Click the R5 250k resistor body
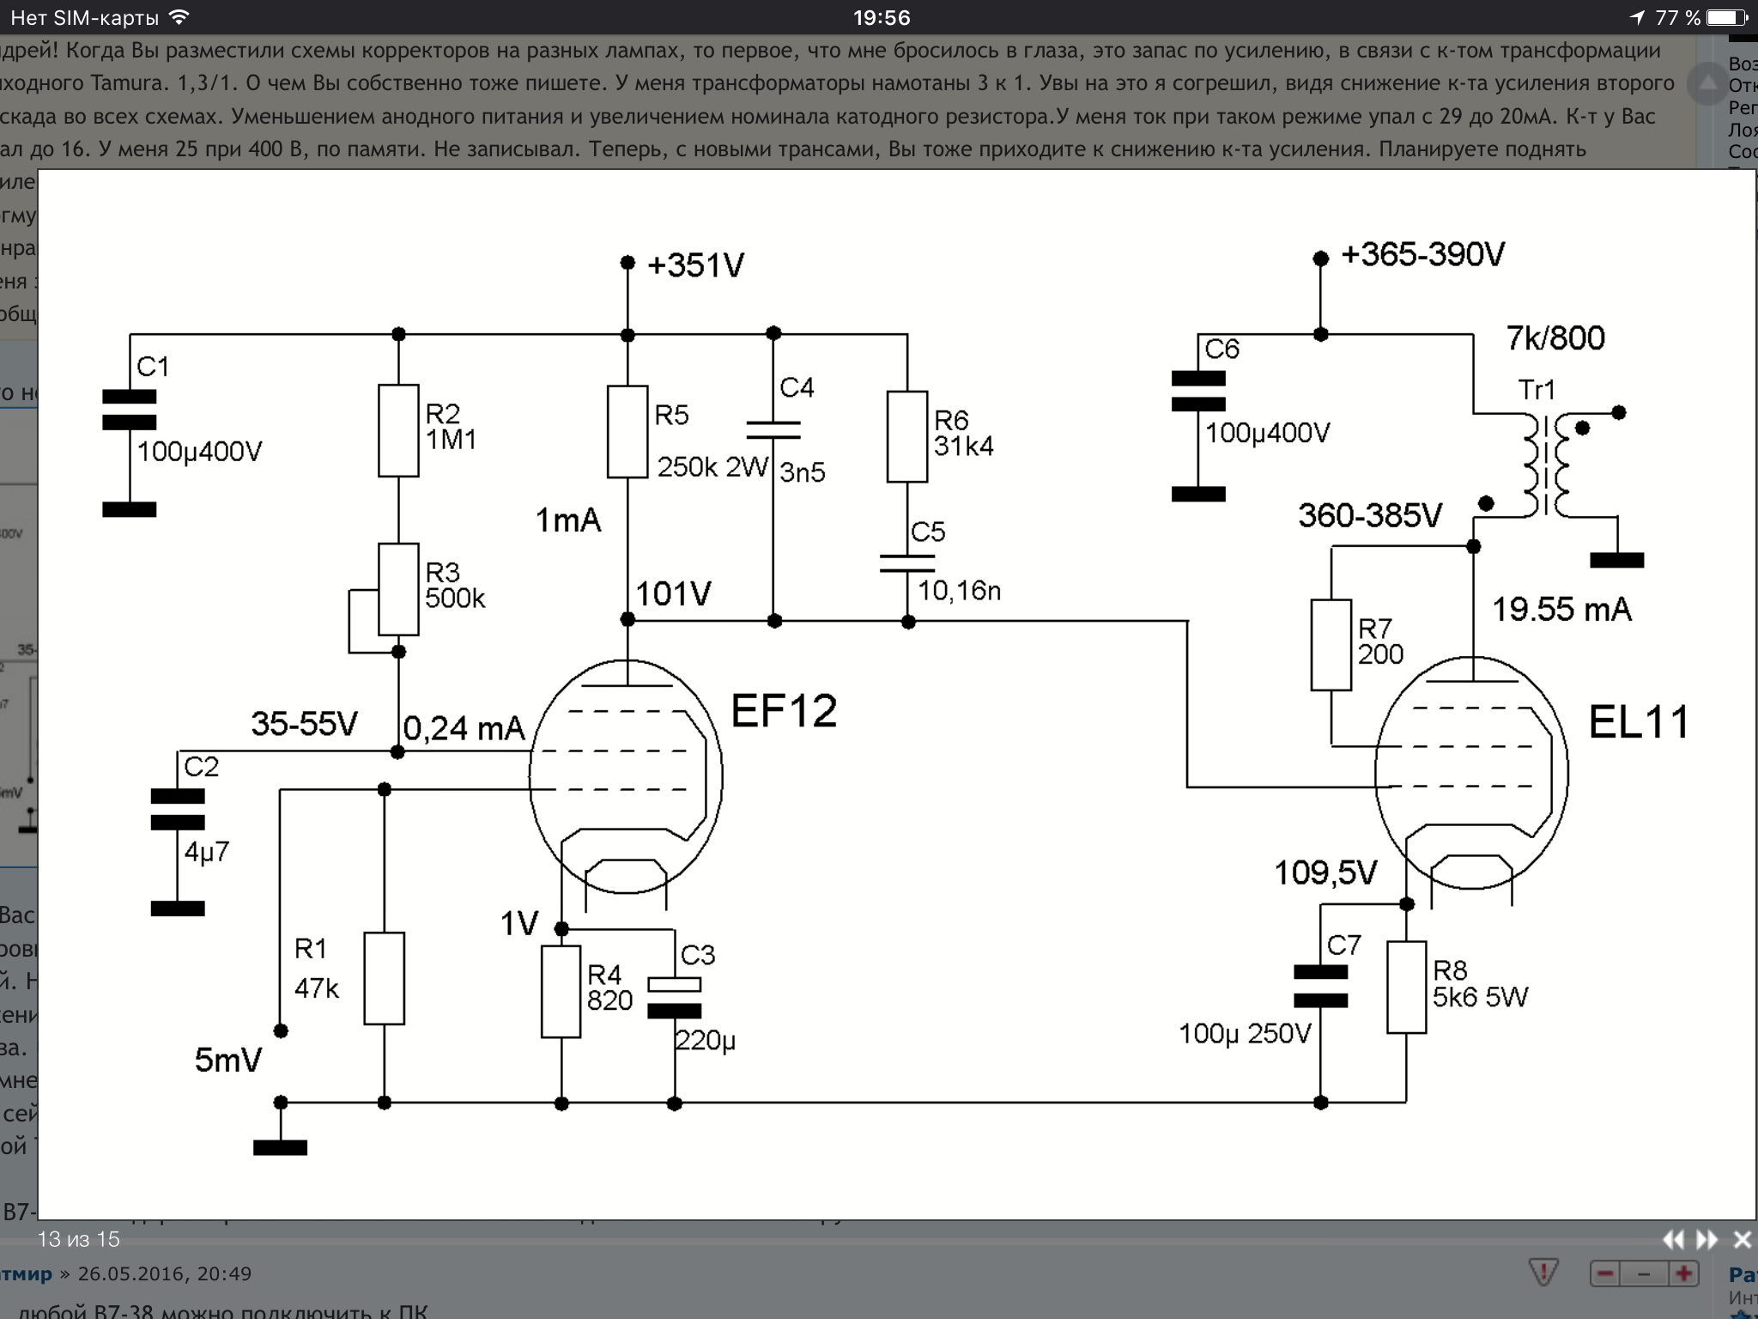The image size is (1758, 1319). pos(627,432)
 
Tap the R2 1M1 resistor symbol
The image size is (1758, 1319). pos(398,430)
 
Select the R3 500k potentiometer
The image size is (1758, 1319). pos(398,589)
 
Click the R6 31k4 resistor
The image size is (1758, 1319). pos(907,436)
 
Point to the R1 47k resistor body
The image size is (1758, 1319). pos(384,978)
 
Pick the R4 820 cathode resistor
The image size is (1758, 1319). pos(561,992)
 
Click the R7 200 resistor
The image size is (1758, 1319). pos(1331,645)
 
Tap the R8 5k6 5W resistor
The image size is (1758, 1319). pos(1406,987)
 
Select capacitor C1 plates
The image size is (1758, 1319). pos(130,410)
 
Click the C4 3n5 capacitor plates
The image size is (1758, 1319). pos(773,430)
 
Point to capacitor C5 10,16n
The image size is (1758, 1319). pos(907,563)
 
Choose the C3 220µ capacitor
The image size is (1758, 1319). pos(675,998)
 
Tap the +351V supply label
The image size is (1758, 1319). pos(695,265)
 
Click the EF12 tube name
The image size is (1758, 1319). pos(784,711)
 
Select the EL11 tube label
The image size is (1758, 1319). pos(1638,722)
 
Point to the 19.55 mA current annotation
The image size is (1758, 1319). pos(1561,610)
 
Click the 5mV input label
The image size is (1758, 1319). pos(228,1061)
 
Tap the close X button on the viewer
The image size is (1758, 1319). pos(1742,1240)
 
